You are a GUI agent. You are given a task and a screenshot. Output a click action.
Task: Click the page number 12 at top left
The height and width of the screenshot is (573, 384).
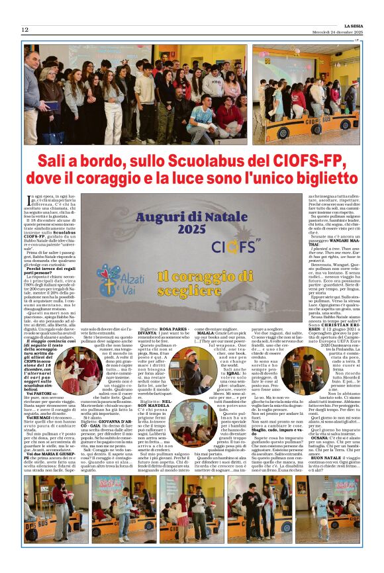click(24, 30)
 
